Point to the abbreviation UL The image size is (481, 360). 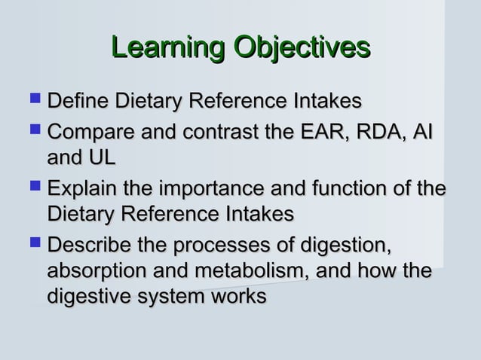click(x=100, y=160)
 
